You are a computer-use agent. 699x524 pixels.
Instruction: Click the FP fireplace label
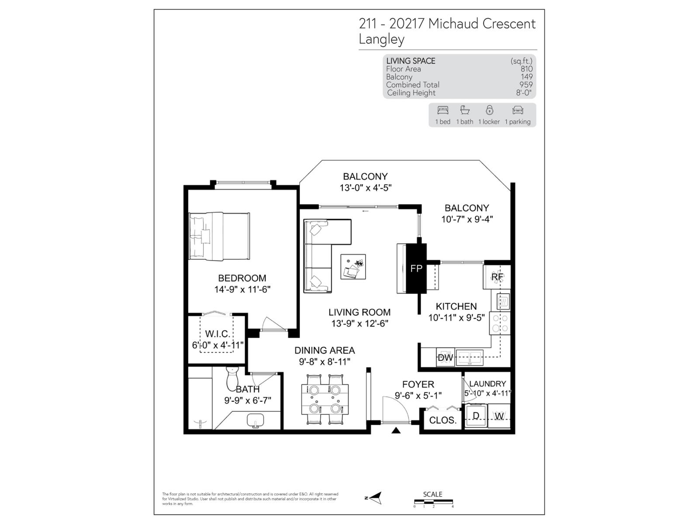(416, 269)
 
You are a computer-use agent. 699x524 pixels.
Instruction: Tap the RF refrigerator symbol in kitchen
(497, 277)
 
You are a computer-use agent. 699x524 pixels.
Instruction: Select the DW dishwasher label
(445, 358)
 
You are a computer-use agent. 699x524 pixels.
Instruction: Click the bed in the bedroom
(219, 236)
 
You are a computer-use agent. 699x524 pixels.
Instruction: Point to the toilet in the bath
(232, 379)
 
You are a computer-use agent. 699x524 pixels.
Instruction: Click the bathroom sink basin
(256, 421)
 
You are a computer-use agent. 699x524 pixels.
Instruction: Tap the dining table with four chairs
(325, 399)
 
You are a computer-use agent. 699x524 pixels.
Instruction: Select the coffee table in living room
(353, 267)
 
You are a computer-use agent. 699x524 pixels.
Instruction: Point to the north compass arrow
(374, 497)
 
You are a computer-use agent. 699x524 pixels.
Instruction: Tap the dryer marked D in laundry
(476, 415)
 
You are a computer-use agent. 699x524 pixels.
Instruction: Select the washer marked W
(499, 416)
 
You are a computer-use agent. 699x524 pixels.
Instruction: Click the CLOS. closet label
(443, 421)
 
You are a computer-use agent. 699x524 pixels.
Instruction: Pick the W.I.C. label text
(217, 334)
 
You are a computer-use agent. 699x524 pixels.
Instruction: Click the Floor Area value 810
(526, 69)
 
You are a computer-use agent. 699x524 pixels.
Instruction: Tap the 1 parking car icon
(518, 110)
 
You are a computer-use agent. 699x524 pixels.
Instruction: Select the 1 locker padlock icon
(489, 110)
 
